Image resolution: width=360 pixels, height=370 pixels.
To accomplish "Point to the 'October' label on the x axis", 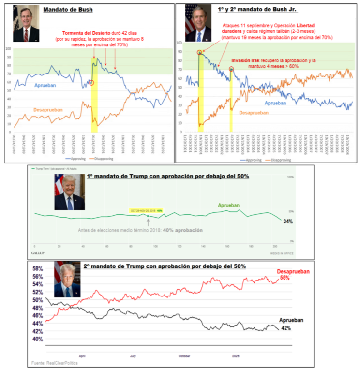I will coord(184,356).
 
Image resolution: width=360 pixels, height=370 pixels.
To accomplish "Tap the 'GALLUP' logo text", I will coord(38,252).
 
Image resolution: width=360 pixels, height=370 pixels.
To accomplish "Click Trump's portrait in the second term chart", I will coord(65,280).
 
